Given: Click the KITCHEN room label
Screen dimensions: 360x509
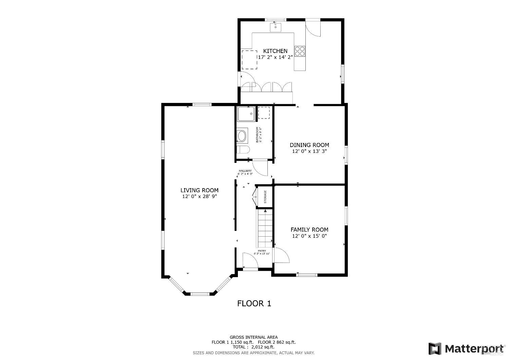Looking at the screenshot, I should tap(275, 51).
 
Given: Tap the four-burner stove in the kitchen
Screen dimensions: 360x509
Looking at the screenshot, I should tap(300, 51).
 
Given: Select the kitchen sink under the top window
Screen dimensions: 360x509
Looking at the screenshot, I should tap(276, 27).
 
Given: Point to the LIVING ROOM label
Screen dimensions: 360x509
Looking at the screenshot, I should tap(199, 190).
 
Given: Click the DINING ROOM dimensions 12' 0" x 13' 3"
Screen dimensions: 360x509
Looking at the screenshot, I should tap(309, 151).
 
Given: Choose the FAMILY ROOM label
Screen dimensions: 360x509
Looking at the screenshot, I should tap(309, 230).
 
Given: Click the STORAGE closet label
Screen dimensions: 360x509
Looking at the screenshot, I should tap(265, 197).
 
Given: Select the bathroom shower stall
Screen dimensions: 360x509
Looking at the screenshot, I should tap(246, 114).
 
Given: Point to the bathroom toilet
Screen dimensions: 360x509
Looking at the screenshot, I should tap(243, 150).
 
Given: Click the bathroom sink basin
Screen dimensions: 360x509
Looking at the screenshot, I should tap(242, 136).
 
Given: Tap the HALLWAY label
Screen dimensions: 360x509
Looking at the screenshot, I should tap(245, 171).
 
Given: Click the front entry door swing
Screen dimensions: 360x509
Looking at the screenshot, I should tap(249, 260).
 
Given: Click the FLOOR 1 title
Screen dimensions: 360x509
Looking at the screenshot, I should tap(254, 303).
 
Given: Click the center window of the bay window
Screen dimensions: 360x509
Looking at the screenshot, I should tap(200, 293).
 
